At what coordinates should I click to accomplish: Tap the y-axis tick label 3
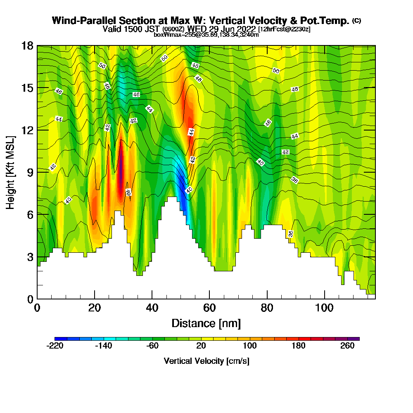click(x=30, y=256)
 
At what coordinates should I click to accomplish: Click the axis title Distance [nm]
click(x=206, y=323)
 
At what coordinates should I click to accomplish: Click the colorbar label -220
click(x=55, y=346)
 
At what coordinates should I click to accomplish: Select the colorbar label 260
click(x=347, y=346)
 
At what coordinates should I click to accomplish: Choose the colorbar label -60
click(x=152, y=346)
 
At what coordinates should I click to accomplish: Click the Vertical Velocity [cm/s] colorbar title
click(x=206, y=361)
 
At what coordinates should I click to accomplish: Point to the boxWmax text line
click(x=206, y=35)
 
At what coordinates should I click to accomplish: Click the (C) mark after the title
click(x=356, y=20)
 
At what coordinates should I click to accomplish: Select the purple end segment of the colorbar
click(x=356, y=339)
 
